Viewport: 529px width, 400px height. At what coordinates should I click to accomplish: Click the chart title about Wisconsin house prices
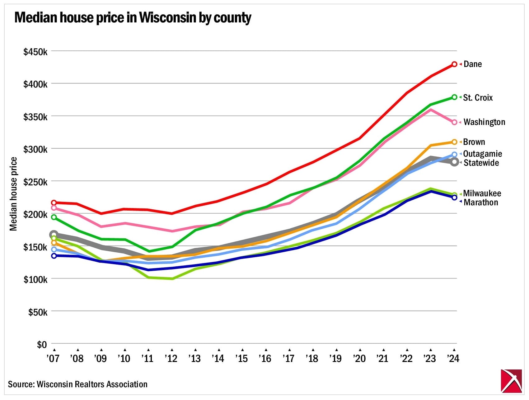(133, 18)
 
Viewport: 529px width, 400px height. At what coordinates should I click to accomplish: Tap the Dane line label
(472, 64)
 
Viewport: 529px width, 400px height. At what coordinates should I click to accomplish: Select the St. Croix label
(478, 98)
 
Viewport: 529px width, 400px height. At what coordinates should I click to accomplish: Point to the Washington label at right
(484, 122)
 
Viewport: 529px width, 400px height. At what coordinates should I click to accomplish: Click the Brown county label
(474, 142)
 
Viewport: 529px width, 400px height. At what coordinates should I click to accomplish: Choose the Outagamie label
(482, 154)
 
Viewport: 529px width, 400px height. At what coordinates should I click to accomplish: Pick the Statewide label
(481, 163)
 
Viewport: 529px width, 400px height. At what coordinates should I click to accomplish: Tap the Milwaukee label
(482, 193)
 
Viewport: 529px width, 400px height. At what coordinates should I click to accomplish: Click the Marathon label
(481, 202)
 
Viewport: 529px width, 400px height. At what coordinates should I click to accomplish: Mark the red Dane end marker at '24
(454, 64)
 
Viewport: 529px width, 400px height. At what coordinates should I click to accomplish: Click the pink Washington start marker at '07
(54, 208)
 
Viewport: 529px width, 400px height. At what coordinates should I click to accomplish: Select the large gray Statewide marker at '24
(454, 162)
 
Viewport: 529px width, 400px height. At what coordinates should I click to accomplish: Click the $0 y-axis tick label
(42, 345)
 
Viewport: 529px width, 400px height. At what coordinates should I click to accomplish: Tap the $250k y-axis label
(35, 182)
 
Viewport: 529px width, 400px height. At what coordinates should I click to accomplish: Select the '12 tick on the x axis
(171, 359)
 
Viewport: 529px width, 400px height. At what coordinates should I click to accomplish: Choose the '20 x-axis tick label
(359, 359)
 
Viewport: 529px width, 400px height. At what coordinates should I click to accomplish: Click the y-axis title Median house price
(13, 194)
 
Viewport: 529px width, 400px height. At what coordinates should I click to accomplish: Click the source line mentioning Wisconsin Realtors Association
(77, 384)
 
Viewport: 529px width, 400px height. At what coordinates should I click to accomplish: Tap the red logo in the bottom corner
(511, 381)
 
